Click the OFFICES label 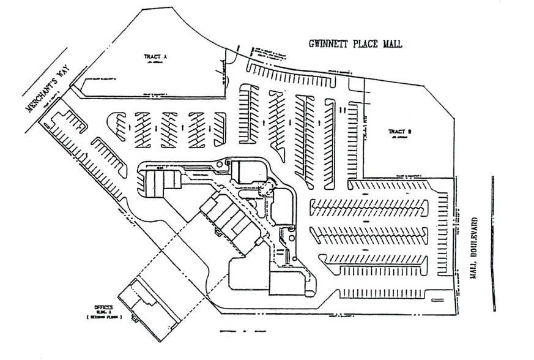click(104, 306)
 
